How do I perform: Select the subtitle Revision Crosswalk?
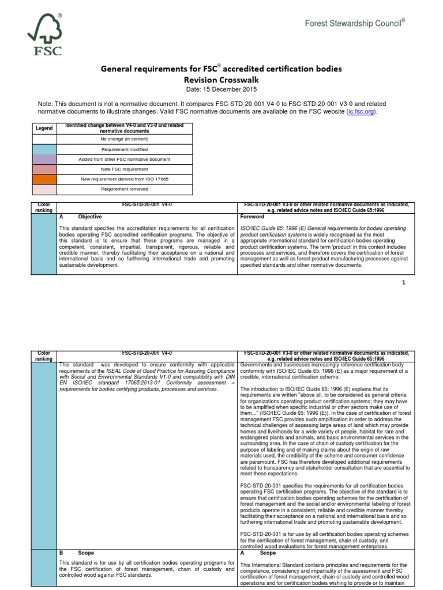(x=221, y=80)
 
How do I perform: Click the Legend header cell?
(x=44, y=128)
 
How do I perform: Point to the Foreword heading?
(x=252, y=217)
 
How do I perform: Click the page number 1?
(x=404, y=282)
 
